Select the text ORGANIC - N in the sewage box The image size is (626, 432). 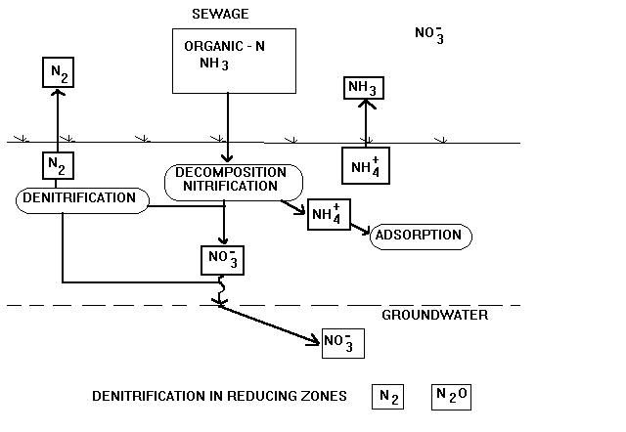224,47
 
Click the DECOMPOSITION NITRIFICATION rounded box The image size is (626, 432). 232,180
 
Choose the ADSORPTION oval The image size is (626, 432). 421,237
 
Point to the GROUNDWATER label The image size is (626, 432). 434,315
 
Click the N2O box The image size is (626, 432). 451,396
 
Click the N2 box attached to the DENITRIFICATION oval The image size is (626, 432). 57,164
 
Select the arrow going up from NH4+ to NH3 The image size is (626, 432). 365,122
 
